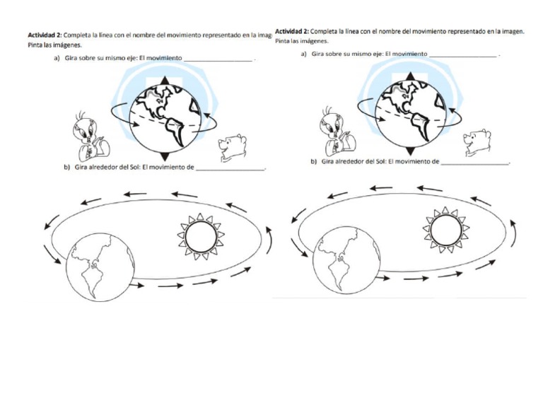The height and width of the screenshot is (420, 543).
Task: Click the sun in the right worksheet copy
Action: (x=445, y=229)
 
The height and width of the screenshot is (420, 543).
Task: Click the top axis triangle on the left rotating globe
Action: (x=164, y=81)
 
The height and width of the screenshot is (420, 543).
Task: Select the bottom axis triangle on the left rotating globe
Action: (x=164, y=156)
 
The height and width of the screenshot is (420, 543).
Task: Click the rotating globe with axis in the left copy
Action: (x=164, y=119)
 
